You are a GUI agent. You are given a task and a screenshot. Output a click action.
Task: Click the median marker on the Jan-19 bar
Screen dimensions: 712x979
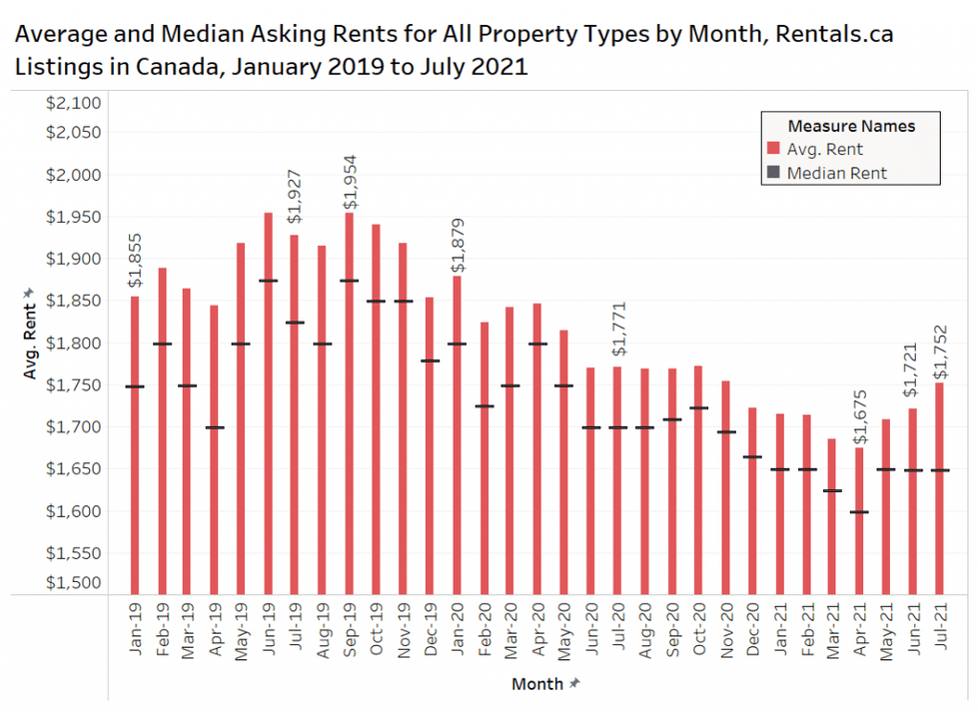(x=134, y=386)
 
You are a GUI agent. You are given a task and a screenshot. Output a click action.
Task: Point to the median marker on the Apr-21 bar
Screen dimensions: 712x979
(x=859, y=512)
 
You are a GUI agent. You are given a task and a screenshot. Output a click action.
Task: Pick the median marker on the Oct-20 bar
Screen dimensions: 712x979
(x=698, y=407)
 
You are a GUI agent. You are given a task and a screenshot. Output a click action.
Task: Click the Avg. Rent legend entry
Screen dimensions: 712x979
(x=824, y=150)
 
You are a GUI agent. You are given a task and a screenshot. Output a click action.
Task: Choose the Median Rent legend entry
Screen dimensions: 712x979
(x=836, y=173)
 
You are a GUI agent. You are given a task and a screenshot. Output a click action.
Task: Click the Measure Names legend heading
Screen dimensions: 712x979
(x=851, y=126)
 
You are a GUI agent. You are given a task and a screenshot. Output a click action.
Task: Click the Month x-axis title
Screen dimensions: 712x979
(x=537, y=684)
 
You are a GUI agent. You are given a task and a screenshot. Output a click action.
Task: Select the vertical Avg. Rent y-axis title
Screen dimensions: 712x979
(x=30, y=336)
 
